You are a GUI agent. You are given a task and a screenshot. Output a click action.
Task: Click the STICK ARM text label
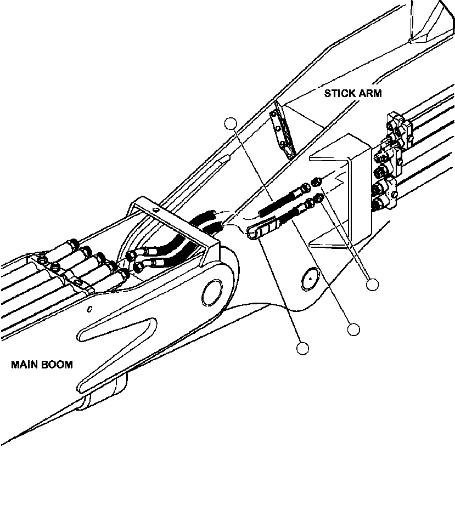coord(352,93)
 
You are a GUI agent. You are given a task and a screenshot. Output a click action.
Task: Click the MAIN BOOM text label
coord(42,365)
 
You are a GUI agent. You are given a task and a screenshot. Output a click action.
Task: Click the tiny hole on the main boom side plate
coord(89,308)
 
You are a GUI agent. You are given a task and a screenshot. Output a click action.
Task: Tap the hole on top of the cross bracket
coord(156,209)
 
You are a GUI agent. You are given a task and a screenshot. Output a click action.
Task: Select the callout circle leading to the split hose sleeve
coord(302,348)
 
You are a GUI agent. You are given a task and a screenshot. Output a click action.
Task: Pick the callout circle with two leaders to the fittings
coord(373,285)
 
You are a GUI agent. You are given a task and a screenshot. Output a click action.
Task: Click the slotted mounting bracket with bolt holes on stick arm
coord(283,130)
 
